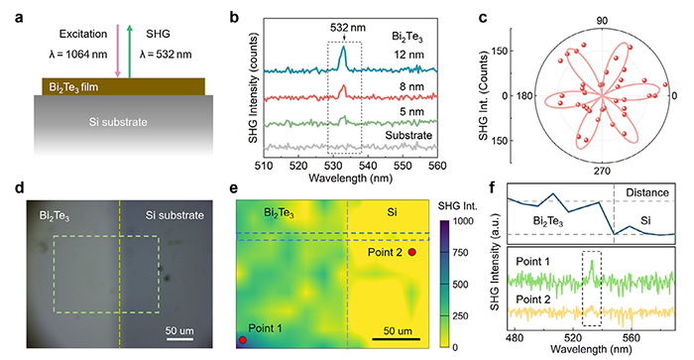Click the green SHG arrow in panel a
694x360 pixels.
[130, 52]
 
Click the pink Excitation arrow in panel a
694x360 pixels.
[118, 52]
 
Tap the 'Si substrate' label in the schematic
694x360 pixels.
[118, 122]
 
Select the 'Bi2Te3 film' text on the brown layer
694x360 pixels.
[73, 87]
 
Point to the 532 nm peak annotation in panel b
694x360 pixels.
[348, 28]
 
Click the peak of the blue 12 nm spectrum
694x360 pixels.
[343, 47]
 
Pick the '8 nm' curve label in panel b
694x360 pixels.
[411, 86]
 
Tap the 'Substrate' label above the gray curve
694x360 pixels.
[408, 135]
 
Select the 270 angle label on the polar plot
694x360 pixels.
[602, 171]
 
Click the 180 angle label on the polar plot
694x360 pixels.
[524, 95]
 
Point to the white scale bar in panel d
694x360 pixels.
[179, 339]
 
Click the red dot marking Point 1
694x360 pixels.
[243, 339]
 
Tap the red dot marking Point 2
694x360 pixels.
[411, 252]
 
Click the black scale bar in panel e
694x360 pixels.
[396, 339]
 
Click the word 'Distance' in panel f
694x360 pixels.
[647, 192]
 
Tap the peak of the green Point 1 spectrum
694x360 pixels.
[592, 261]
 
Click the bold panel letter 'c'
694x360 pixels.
[484, 18]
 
